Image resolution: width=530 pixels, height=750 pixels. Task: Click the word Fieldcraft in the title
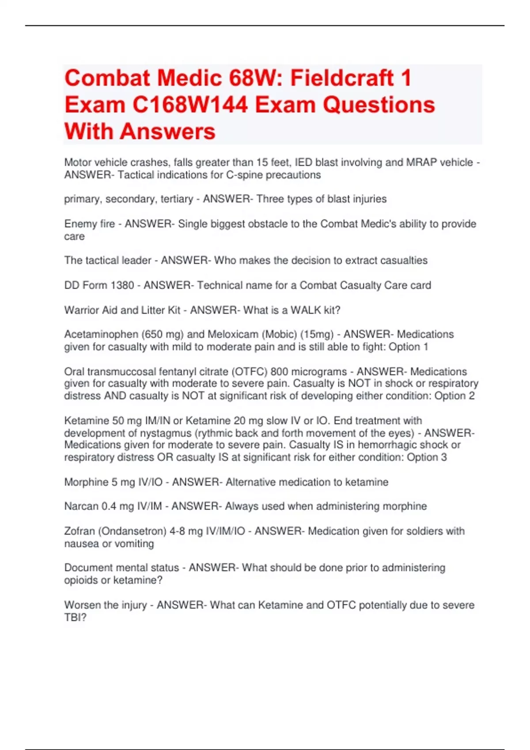pyautogui.click(x=342, y=78)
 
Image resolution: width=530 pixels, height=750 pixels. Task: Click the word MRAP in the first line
pyautogui.click(x=421, y=162)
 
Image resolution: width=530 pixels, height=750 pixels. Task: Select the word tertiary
pyautogui.click(x=177, y=199)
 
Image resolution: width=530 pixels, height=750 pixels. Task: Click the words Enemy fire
pyautogui.click(x=89, y=224)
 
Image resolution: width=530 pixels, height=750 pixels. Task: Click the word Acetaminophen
pyautogui.click(x=101, y=334)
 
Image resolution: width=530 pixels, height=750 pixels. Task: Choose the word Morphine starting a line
pyautogui.click(x=86, y=482)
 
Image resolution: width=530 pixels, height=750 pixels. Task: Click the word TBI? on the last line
pyautogui.click(x=76, y=617)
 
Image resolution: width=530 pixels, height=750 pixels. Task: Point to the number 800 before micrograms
pyautogui.click(x=279, y=371)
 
